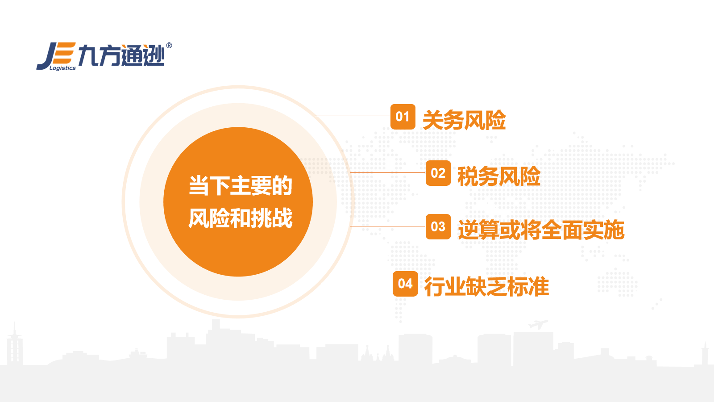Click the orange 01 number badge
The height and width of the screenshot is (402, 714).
coord(403,117)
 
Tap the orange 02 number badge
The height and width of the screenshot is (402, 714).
coord(438,173)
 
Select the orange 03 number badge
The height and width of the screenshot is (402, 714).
coord(438,226)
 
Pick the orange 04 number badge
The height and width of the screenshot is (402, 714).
coord(405,284)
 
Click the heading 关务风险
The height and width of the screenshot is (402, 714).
coord(464,120)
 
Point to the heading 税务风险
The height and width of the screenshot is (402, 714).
coord(499,176)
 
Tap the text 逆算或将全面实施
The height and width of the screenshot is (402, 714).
coord(541,230)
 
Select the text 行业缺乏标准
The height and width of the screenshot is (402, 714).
coord(486,286)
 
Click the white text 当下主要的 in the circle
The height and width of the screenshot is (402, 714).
coord(241,186)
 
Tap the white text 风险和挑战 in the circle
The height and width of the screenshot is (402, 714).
coord(241,218)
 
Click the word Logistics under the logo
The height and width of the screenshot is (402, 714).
coord(62,68)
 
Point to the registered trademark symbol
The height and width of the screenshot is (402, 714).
coord(169,46)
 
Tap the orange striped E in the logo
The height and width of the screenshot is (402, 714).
coord(65,53)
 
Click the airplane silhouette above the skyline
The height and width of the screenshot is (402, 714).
coord(538,324)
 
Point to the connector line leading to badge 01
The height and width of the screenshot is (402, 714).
coord(353,116)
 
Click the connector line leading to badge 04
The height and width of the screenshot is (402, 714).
coord(357,283)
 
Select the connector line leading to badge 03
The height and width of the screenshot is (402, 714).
coord(388,226)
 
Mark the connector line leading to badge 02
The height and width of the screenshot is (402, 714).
coord(388,172)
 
